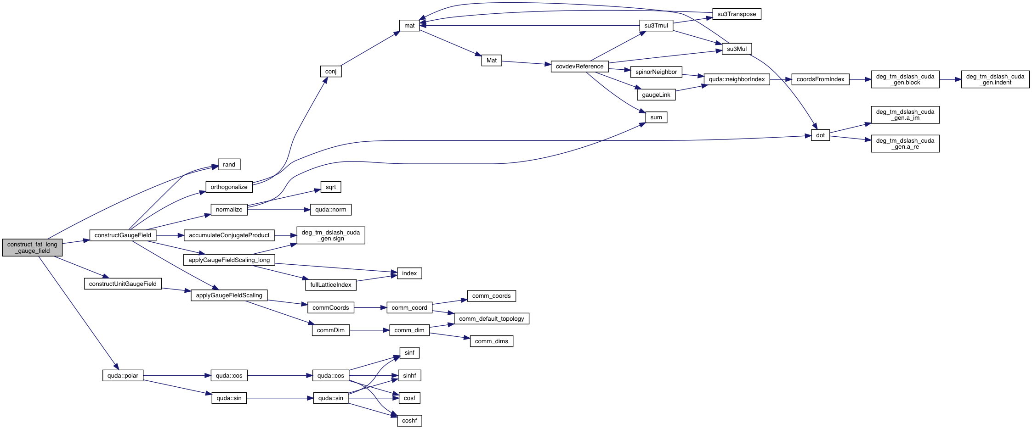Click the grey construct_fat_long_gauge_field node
click(32, 248)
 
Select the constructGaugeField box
click(123, 235)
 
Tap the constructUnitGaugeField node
click(123, 284)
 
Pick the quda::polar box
click(123, 376)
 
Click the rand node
click(229, 165)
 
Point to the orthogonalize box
click(229, 187)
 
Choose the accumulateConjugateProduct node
click(229, 235)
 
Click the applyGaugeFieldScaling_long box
click(229, 260)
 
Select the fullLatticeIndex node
click(330, 285)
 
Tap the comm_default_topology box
click(491, 319)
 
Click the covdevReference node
click(579, 67)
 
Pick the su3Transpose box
click(737, 14)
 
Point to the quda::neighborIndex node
click(737, 79)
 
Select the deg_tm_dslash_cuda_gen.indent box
click(995, 79)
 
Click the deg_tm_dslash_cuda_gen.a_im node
click(905, 115)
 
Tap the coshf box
click(409, 421)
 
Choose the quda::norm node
click(330, 210)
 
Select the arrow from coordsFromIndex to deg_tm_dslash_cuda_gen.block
click(860, 79)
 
